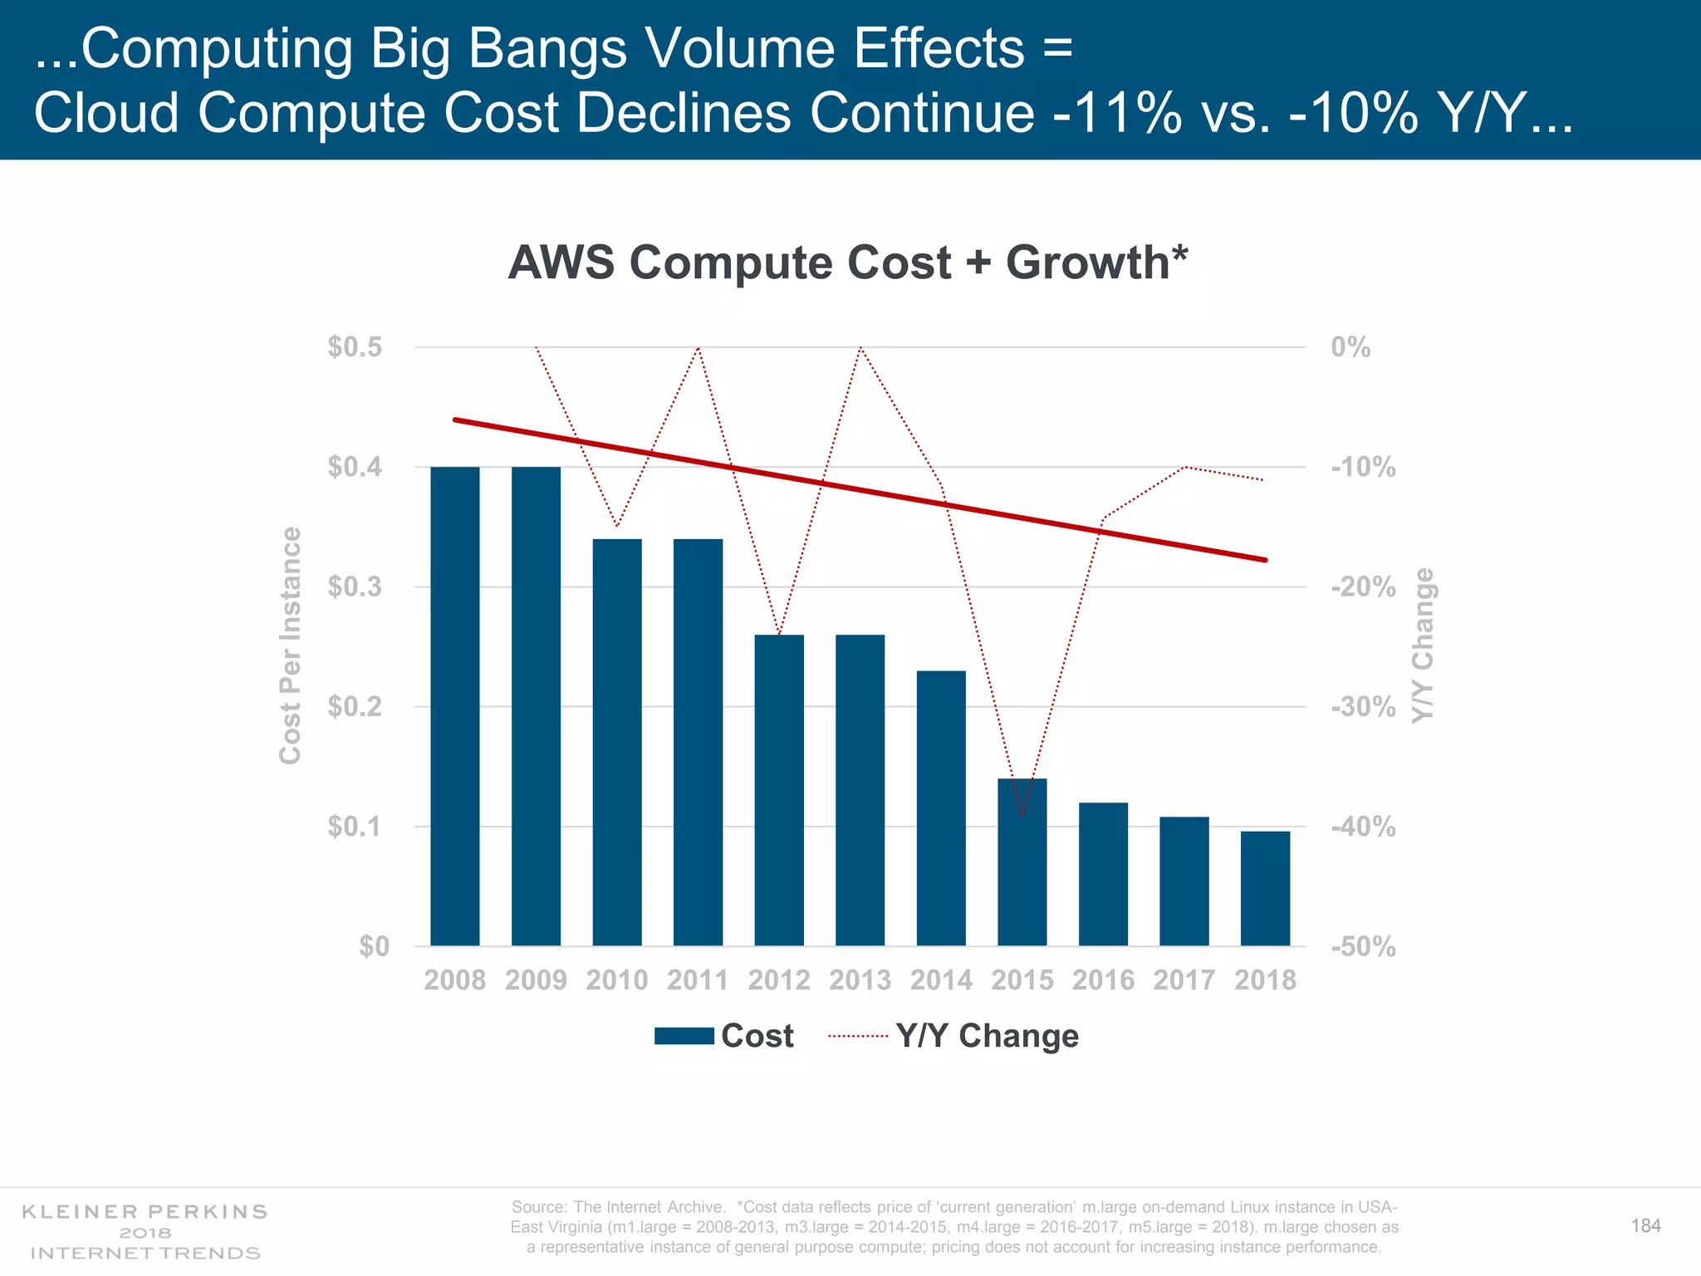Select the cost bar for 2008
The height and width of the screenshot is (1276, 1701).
[454, 706]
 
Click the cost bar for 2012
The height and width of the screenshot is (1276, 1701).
[778, 789]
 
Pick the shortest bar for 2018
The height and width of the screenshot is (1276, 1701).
[1265, 888]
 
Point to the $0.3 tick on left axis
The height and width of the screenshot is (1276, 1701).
[355, 586]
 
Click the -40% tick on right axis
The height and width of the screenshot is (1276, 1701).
[1363, 827]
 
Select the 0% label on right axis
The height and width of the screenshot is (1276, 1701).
[1351, 347]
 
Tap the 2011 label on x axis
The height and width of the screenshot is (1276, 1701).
[698, 980]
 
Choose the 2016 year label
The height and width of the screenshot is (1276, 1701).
[1103, 980]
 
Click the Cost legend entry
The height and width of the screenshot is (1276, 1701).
[724, 1036]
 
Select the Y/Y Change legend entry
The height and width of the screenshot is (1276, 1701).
[954, 1036]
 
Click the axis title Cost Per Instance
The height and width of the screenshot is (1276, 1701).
[289, 645]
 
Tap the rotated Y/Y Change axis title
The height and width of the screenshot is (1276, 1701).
[1423, 645]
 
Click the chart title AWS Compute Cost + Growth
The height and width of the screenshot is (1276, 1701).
[847, 263]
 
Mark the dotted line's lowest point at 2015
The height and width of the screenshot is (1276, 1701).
[1022, 817]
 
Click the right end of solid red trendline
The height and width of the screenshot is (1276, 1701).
[1265, 560]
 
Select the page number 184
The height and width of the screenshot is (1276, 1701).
[1645, 1226]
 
